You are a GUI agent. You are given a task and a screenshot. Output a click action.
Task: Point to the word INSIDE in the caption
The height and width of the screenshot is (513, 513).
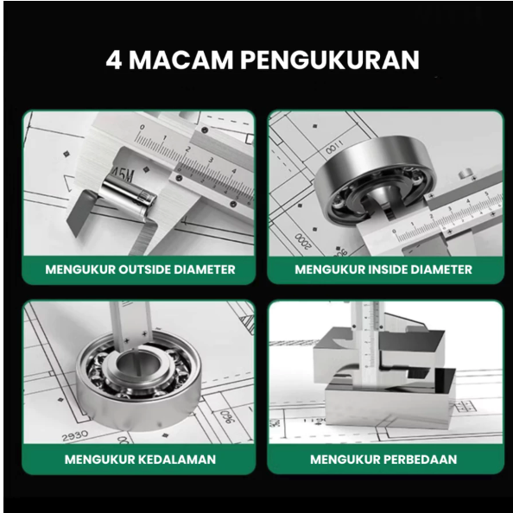coord(392,269)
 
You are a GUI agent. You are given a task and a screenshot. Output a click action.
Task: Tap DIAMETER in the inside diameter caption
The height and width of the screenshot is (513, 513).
coord(444,269)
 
